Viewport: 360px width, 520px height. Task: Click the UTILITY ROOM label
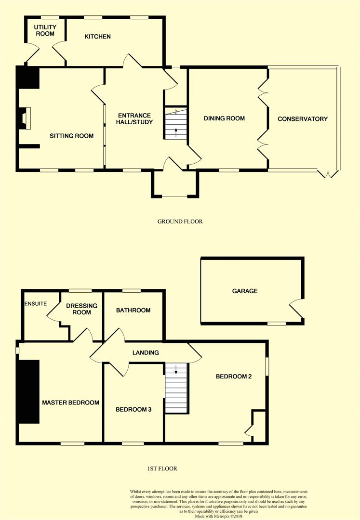click(x=45, y=30)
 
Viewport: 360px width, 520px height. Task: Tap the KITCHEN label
click(x=97, y=37)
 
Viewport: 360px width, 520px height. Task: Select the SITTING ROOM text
click(x=71, y=136)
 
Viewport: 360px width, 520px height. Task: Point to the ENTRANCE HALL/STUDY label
click(x=134, y=119)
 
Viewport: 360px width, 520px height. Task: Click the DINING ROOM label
click(x=224, y=118)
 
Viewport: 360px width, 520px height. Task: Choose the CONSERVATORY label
click(x=303, y=119)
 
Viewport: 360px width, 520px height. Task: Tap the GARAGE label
click(x=245, y=291)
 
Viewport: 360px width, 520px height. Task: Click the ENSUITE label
click(x=36, y=303)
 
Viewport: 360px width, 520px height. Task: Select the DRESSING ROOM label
click(x=81, y=309)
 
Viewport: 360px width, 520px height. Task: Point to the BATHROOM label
click(x=133, y=310)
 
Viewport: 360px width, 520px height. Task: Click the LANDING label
click(x=146, y=352)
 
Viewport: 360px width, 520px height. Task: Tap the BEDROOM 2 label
click(x=234, y=377)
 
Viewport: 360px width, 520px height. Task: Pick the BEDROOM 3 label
click(x=133, y=410)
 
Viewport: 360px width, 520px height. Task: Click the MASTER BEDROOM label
click(x=71, y=403)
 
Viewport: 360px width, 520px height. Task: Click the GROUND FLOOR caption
click(x=180, y=221)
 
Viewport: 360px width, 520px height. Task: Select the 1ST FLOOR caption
click(x=162, y=468)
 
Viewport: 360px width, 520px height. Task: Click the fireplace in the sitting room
click(x=25, y=118)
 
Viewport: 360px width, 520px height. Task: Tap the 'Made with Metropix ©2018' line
click(x=218, y=516)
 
